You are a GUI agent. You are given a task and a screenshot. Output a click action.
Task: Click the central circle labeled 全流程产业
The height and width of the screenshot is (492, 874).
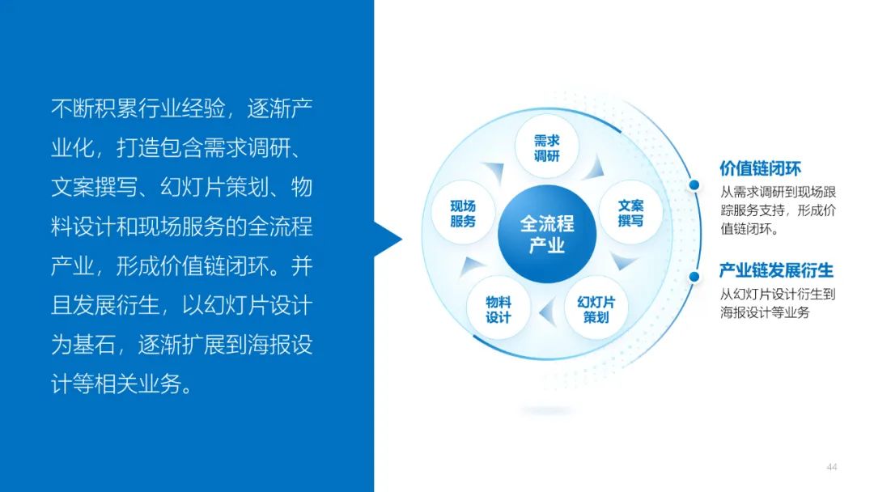(547, 235)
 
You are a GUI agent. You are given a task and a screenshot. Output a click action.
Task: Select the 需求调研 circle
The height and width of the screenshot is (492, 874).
(547, 147)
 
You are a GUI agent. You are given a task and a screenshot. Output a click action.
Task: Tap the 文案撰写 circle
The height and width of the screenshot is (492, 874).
(630, 213)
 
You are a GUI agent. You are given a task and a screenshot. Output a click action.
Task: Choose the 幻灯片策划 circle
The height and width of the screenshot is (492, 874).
(596, 309)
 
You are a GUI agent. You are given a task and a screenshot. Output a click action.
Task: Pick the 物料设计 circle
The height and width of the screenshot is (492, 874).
(498, 309)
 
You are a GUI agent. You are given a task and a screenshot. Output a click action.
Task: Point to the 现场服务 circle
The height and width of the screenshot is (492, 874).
(463, 213)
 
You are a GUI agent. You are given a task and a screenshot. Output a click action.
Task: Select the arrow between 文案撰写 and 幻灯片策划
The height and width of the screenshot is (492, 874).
(622, 261)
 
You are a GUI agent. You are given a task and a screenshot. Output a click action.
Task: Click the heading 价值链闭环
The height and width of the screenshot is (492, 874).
(760, 168)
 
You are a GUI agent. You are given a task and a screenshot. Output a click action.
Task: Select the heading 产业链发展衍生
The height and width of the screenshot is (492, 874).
(776, 271)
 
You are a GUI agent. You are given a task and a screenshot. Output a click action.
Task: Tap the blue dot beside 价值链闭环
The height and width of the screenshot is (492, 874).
(694, 185)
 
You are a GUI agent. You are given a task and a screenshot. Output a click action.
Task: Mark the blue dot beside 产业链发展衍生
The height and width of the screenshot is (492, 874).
(694, 277)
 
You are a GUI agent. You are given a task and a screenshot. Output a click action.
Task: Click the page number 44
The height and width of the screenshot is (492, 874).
(832, 467)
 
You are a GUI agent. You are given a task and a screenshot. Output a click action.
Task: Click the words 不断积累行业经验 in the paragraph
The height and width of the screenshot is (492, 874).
(138, 108)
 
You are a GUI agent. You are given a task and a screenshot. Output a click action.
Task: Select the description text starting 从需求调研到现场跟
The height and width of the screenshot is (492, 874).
(779, 210)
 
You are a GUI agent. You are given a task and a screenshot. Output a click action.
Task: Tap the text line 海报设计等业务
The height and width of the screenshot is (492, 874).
(765, 312)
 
